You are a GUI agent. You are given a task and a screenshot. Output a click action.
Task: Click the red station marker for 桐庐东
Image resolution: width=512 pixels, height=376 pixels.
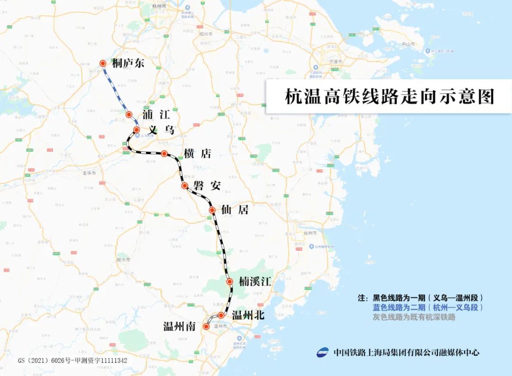pos(102,63)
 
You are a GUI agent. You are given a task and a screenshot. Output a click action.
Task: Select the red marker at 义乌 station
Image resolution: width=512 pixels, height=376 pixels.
pos(136,130)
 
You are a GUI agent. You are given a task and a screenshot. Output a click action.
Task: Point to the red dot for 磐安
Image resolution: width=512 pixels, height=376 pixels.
pos(185,186)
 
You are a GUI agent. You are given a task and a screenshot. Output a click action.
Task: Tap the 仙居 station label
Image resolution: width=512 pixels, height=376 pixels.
pos(235,210)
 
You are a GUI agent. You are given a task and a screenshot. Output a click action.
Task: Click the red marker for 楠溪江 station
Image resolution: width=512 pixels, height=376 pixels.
pos(230,282)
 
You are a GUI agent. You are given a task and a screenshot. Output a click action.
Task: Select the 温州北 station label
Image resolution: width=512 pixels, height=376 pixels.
pos(248,315)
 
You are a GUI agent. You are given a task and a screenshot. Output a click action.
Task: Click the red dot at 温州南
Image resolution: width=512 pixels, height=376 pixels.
pos(206,326)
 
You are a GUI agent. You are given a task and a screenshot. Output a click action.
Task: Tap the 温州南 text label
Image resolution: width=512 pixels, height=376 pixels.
pos(180,327)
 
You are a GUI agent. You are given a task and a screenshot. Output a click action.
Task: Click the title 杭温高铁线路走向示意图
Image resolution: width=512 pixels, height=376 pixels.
pos(389,96)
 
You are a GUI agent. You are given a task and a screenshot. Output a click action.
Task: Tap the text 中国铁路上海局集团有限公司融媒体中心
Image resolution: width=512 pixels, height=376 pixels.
pos(406,352)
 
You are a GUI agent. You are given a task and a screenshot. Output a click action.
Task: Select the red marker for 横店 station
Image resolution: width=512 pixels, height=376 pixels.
pos(164,153)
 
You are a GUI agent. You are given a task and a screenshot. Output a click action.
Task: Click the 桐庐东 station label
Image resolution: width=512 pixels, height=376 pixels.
pos(128,64)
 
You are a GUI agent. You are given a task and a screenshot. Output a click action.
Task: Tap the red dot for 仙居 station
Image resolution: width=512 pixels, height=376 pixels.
pos(213,210)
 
